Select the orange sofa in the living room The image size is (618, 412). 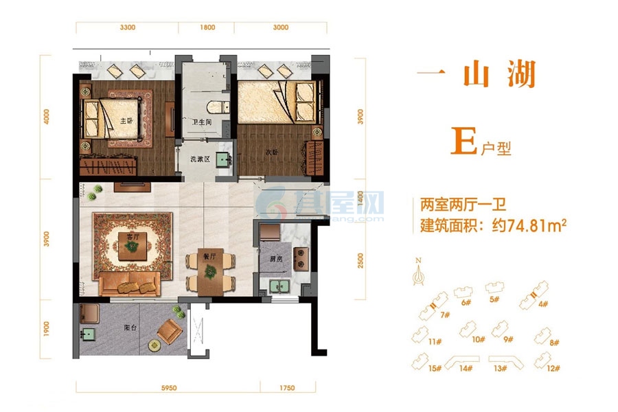pyautogui.click(x=129, y=283)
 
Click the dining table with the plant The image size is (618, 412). pyautogui.click(x=209, y=271)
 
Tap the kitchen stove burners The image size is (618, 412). pyautogui.click(x=300, y=258)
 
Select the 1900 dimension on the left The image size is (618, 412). pyautogui.click(x=46, y=330)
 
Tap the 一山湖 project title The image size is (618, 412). pyautogui.click(x=477, y=75)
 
